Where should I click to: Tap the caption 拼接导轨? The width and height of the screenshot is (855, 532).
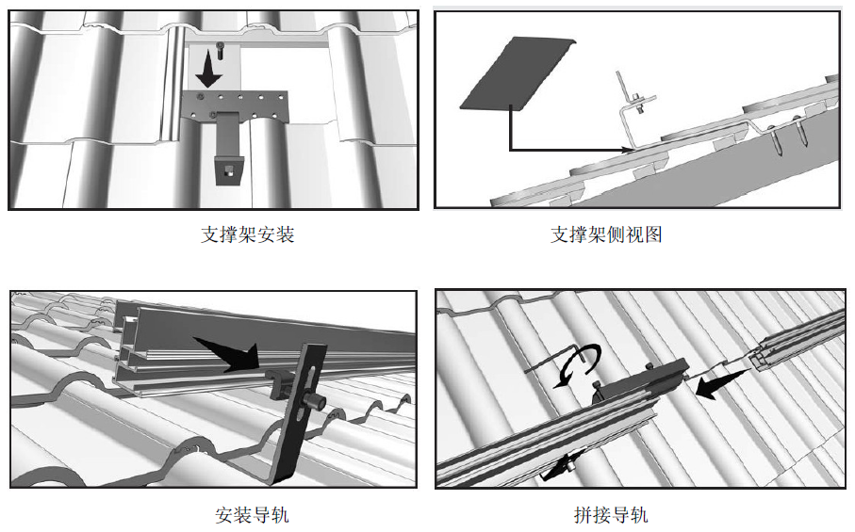click(611, 514)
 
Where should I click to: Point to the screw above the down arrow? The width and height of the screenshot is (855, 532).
click(220, 45)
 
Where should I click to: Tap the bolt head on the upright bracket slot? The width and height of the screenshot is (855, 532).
click(313, 403)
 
